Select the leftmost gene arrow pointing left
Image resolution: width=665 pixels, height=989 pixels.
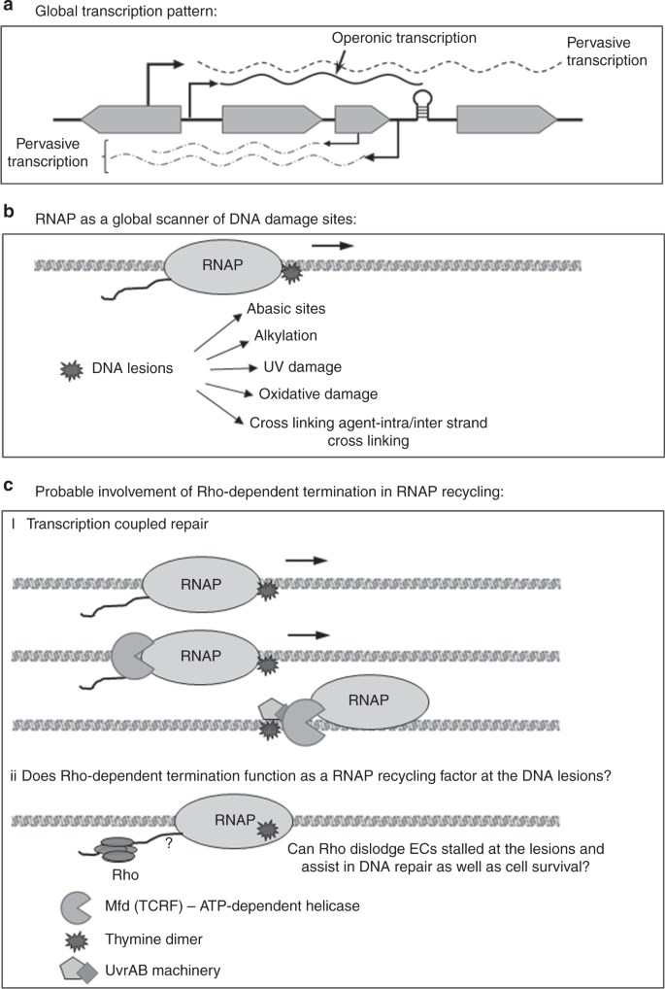[x=132, y=119]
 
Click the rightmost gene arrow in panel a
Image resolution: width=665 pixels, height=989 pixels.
[x=506, y=119]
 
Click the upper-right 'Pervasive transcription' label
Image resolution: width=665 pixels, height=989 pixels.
[x=606, y=51]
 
